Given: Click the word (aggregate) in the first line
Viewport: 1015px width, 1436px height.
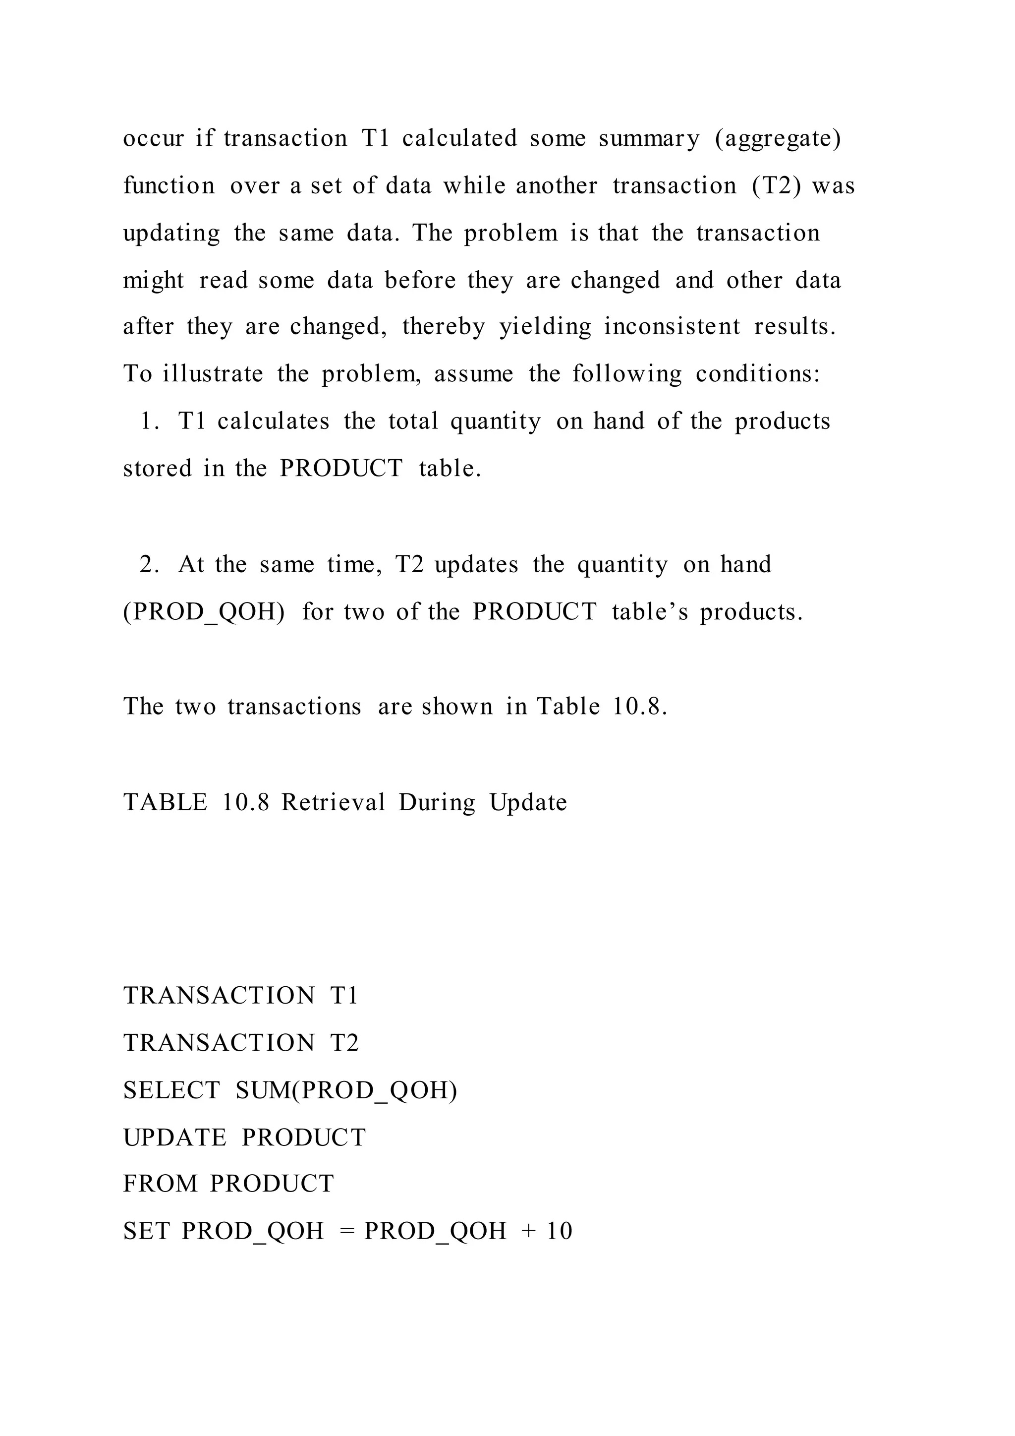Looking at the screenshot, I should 778,139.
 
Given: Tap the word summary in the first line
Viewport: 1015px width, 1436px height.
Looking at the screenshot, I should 649,139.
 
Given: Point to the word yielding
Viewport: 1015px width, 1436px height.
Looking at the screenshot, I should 545,328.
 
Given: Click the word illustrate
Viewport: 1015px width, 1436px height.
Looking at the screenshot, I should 213,374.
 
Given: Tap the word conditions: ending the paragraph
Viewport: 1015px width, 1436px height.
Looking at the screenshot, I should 757,374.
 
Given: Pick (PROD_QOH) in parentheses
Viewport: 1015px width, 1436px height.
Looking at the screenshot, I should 204,612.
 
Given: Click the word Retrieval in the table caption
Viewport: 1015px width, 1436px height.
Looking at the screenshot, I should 333,802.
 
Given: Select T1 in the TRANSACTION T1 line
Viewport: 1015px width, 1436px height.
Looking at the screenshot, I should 344,996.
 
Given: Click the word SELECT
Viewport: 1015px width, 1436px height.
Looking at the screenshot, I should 171,1090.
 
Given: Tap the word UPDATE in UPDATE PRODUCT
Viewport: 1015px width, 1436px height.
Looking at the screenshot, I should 174,1137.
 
